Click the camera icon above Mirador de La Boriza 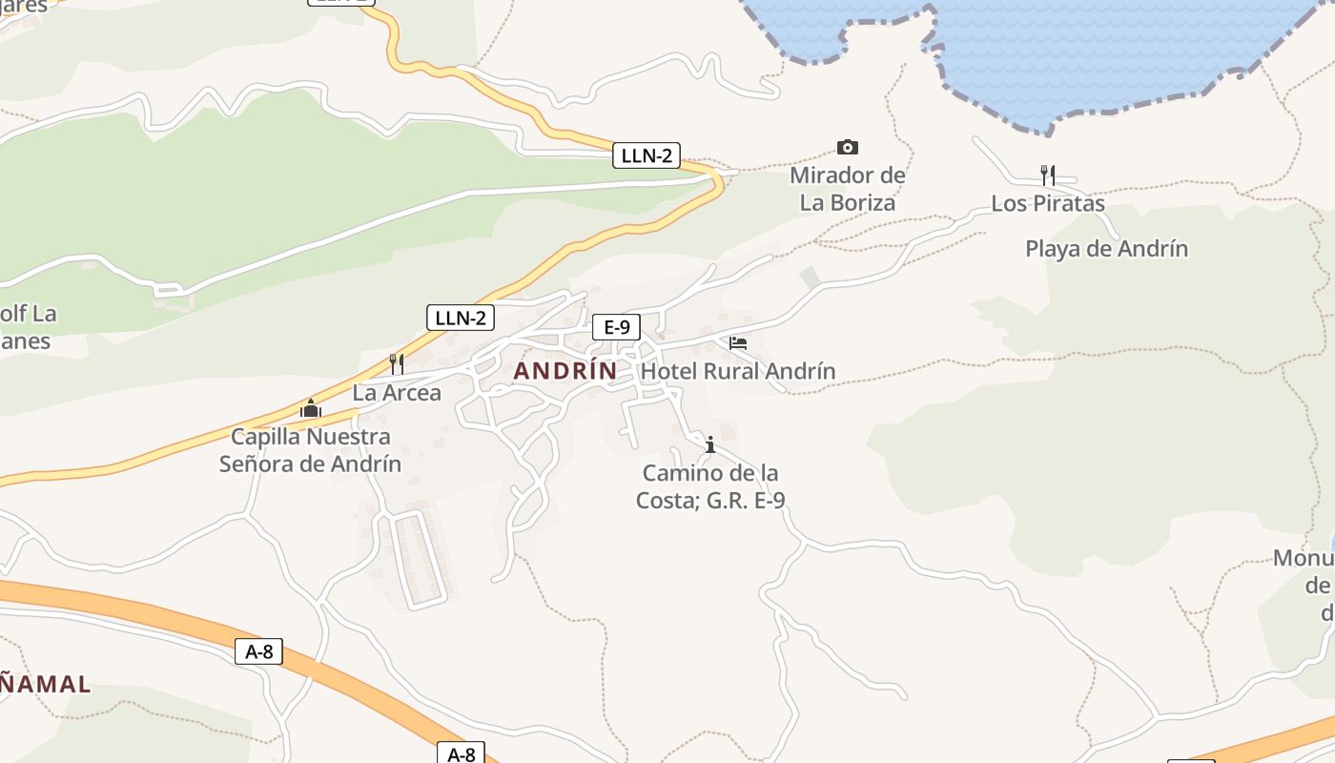(x=847, y=147)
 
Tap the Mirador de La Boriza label (x=847, y=189)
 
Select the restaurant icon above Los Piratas (x=1047, y=175)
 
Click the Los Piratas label (x=1047, y=203)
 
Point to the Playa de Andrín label (x=1106, y=249)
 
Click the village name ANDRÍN (x=565, y=371)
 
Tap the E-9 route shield (x=616, y=327)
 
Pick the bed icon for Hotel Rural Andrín (x=737, y=343)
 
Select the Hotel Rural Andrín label (x=738, y=371)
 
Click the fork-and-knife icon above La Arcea (x=397, y=363)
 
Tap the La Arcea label (x=397, y=393)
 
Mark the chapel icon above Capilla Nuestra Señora (x=311, y=408)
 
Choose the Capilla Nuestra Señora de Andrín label (x=311, y=450)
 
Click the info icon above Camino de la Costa (x=709, y=444)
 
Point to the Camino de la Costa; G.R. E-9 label (x=710, y=486)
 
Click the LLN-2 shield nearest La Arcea (x=460, y=318)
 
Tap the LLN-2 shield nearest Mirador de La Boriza (x=647, y=155)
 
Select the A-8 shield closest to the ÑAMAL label (x=258, y=651)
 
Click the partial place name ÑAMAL (x=46, y=684)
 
